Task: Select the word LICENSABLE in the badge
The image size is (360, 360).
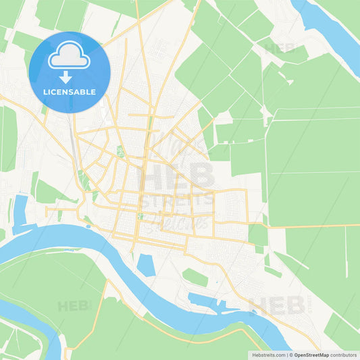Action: (70, 91)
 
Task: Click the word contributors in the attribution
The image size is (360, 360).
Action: (344, 355)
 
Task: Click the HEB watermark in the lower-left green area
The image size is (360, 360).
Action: (73, 306)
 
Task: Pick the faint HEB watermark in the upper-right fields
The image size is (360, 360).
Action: (284, 49)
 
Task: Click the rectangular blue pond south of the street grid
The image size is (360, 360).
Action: (145, 265)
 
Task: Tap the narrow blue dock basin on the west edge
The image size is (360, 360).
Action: (20, 209)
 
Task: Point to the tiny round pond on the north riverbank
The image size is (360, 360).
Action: (88, 221)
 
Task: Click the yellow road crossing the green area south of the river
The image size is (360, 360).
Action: (95, 317)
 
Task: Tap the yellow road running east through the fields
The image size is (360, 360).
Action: (311, 226)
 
